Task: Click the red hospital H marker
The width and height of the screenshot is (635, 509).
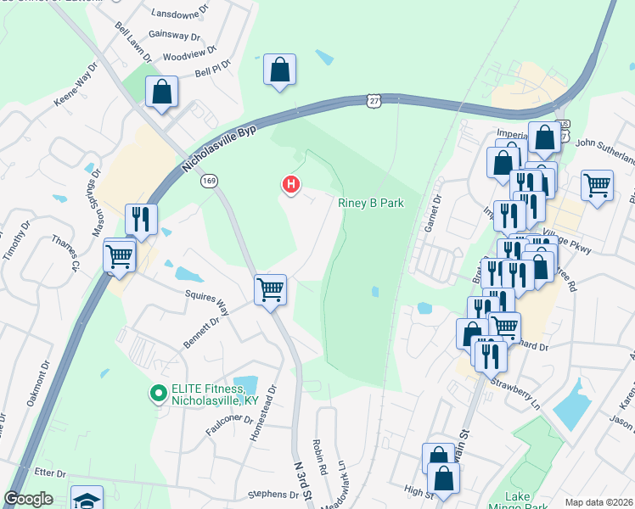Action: coord(291,183)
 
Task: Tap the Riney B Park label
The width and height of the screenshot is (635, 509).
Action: coord(370,204)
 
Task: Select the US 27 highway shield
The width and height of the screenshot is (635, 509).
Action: coord(374,100)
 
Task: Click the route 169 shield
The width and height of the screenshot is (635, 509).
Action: coord(209,181)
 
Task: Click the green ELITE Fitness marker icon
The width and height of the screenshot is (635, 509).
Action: coord(157,392)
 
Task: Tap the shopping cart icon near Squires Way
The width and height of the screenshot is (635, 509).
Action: coord(271,289)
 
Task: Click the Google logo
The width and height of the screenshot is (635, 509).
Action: coord(29,499)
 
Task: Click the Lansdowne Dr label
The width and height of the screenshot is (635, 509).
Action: coord(179,14)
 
